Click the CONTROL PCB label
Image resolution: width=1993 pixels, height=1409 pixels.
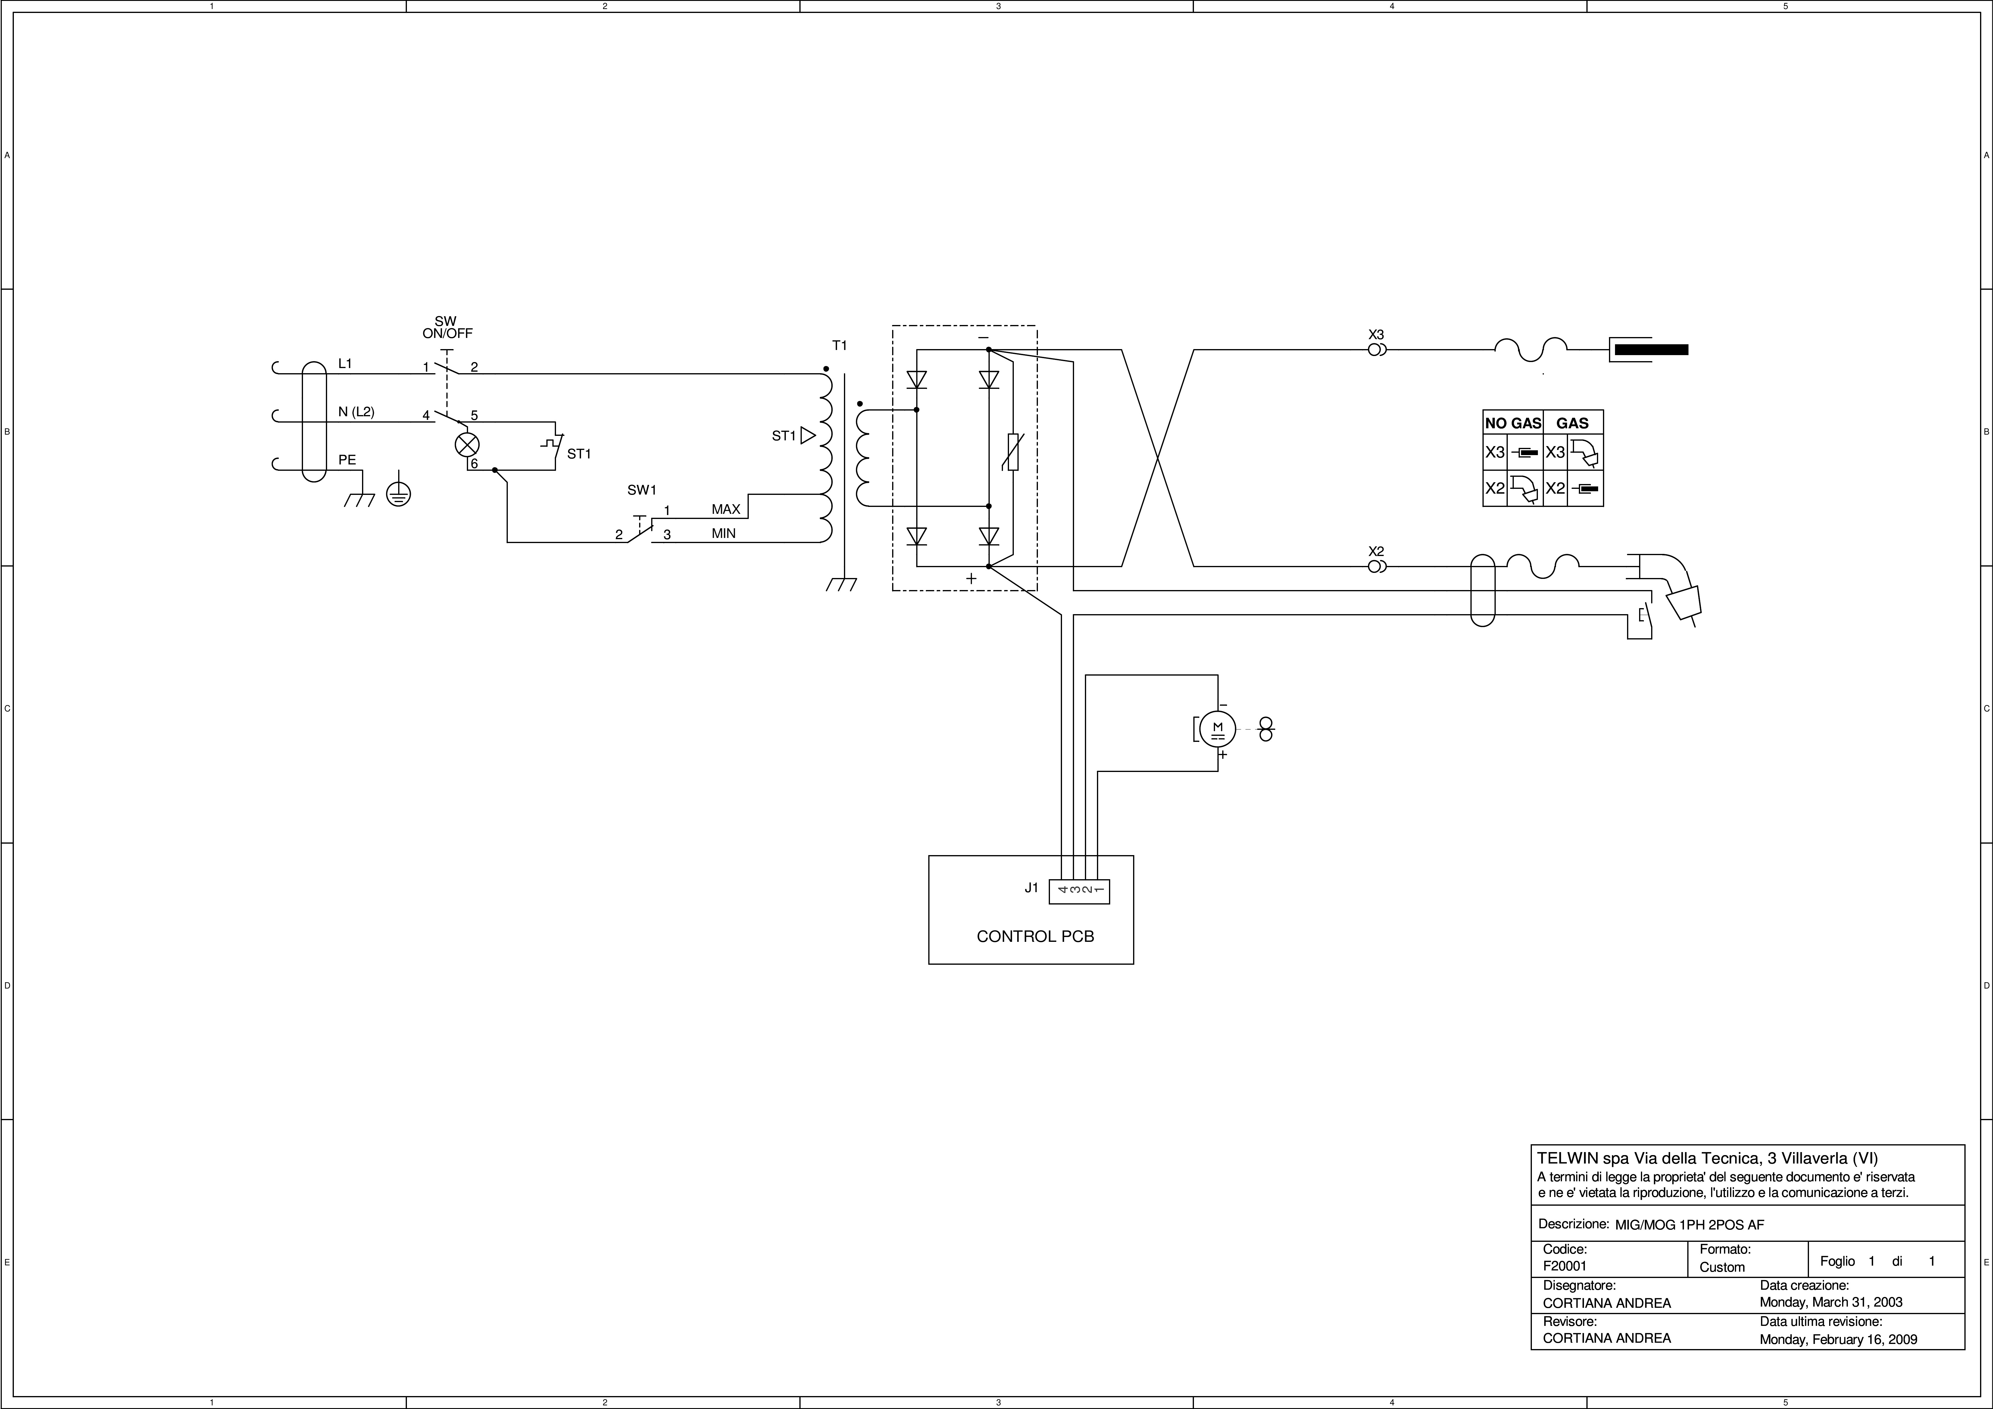click(x=1036, y=937)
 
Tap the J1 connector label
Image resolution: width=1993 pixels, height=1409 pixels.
click(x=1031, y=887)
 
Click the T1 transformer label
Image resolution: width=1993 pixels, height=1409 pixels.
click(x=839, y=345)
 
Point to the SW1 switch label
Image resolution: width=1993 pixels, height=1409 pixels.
click(x=642, y=490)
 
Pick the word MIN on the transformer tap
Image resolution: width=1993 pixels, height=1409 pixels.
click(x=724, y=534)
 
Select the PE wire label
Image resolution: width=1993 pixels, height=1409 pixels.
click(x=347, y=460)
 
